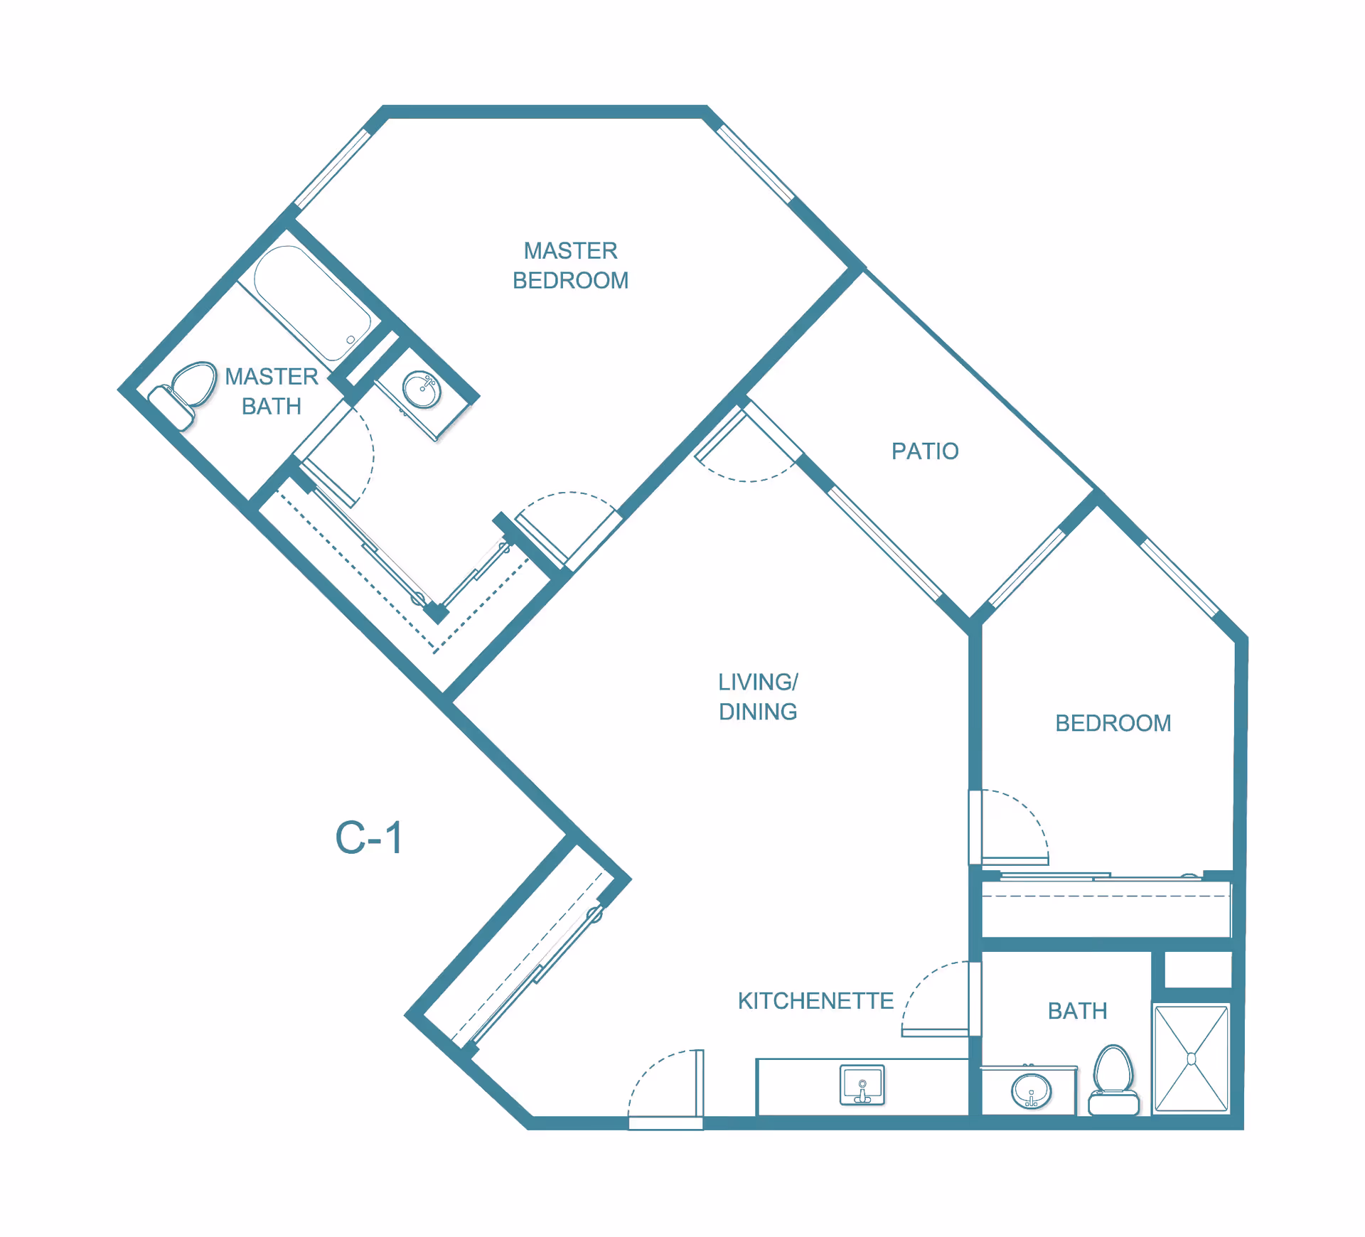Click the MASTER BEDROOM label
pos(570,265)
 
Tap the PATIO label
pos(925,451)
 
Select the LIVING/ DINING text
pos(758,697)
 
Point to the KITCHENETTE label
pos(815,1001)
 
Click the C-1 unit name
pos(369,837)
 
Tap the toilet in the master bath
pos(183,395)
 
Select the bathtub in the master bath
pos(311,303)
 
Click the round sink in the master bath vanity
pos(422,390)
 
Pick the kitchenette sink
pos(862,1085)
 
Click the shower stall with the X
pos(1192,1059)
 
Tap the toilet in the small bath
pos(1113,1079)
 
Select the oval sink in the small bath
pos(1031,1091)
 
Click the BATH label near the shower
pos(1077,1011)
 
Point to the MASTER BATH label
pos(271,391)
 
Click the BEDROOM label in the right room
pos(1113,723)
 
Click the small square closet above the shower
pos(1198,970)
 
